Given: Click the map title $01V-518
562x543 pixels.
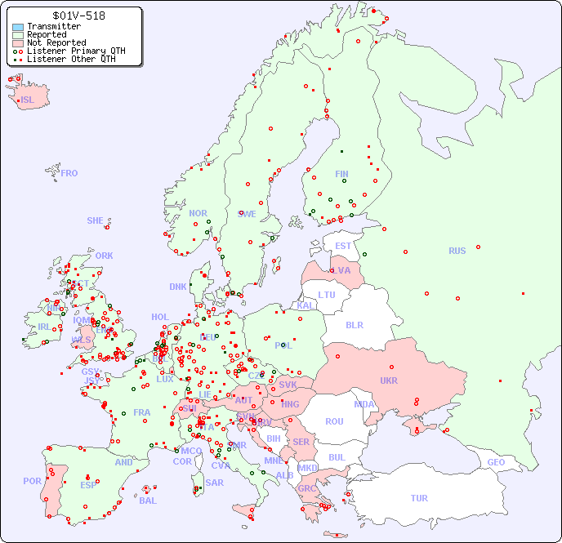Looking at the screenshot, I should tap(78, 16).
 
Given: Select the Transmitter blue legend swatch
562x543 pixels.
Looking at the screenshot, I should tap(18, 27).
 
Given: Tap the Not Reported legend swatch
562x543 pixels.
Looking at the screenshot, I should tap(18, 43).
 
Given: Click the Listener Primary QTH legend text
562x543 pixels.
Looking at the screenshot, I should tap(76, 51).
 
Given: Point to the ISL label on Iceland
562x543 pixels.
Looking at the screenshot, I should tap(28, 100).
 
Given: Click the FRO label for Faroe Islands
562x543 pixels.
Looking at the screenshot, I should tap(69, 173).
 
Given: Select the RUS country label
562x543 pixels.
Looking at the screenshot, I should tap(457, 251).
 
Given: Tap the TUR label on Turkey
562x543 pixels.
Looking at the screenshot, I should tap(419, 498).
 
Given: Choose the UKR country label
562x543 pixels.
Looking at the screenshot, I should tap(389, 381).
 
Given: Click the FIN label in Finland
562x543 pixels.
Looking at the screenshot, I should tap(341, 174).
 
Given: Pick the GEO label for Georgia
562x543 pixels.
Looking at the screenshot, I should tap(496, 462).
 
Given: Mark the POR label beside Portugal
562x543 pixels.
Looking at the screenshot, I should tap(32, 481).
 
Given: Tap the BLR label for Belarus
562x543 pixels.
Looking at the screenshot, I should tap(355, 324).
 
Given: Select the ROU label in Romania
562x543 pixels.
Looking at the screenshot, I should tap(334, 421).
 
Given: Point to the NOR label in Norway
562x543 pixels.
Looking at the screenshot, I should tap(198, 213).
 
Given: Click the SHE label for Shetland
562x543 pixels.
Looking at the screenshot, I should tap(96, 220).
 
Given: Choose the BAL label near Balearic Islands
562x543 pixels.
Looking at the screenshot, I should tap(148, 501).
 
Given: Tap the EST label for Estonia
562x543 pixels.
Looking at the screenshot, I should tap(343, 246).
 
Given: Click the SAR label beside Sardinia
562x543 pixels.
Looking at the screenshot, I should tap(215, 483).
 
